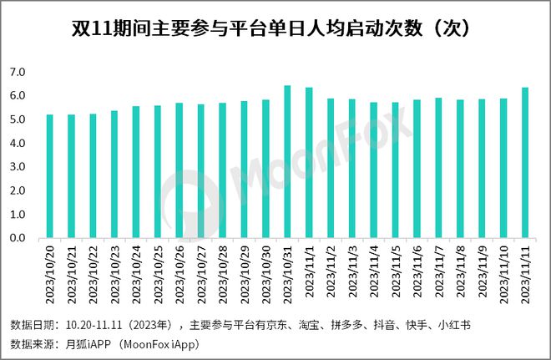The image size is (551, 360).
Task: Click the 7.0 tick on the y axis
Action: (18, 73)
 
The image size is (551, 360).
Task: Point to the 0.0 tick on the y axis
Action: (18, 239)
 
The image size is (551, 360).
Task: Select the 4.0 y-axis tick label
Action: (18, 144)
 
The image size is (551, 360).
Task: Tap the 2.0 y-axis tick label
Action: (18, 191)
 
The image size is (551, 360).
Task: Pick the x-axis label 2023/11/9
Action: (483, 268)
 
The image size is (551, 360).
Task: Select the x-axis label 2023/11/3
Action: (352, 268)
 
